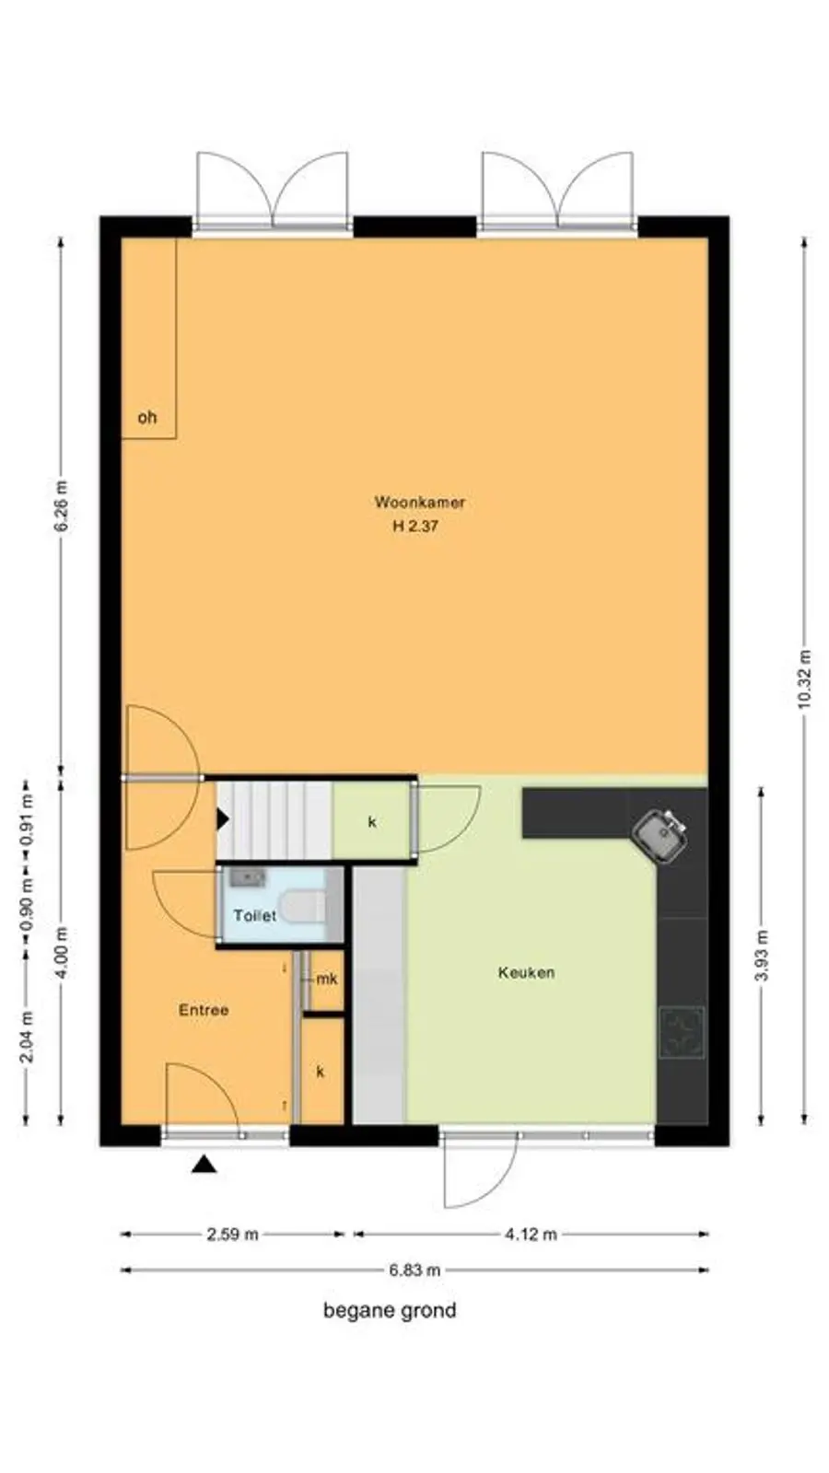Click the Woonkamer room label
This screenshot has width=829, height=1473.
420,503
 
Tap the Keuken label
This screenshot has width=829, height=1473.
526,972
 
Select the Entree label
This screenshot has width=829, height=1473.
204,1010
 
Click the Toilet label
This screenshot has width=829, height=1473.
255,915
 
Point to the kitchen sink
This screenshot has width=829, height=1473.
660,835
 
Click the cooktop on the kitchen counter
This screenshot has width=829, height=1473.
682,1032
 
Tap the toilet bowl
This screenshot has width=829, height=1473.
302,906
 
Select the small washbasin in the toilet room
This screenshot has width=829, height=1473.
248,877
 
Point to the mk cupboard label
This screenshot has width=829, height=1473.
327,980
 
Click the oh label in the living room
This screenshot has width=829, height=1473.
147,417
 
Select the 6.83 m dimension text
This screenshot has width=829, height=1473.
414,1270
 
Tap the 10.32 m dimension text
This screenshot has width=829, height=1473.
804,679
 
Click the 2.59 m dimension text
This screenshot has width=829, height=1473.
233,1235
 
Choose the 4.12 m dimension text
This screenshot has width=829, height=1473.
531,1235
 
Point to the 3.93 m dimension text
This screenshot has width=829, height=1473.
761,956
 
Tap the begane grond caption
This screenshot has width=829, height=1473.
390,1311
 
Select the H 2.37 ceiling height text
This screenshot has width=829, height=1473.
415,526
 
